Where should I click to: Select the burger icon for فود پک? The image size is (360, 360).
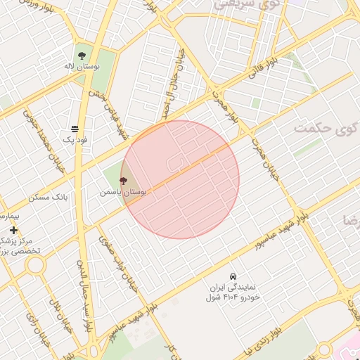coord(75,128)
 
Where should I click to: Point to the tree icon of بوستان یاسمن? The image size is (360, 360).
coord(124,181)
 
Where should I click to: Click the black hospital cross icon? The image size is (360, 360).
coord(13,230)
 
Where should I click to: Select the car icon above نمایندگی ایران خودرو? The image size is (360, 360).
coord(233,276)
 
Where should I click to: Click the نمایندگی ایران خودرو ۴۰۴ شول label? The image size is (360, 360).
coord(233,292)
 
